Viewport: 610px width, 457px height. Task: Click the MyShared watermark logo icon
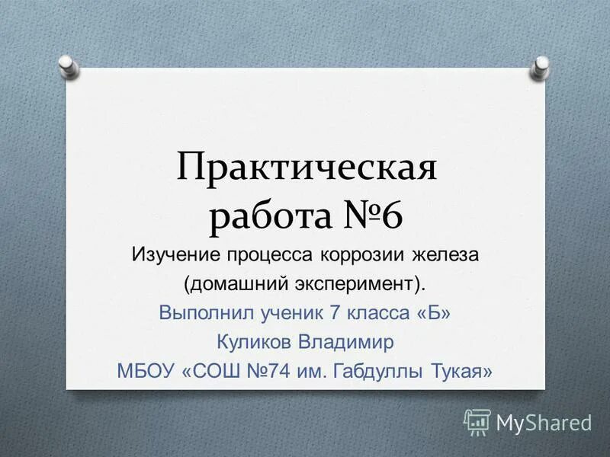(477, 420)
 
